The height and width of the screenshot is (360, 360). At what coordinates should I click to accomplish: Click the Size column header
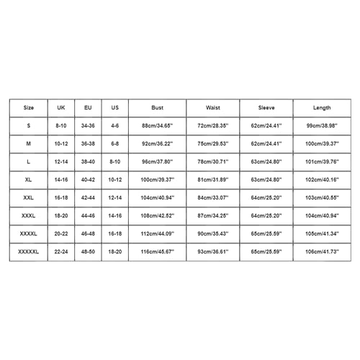tap(28, 107)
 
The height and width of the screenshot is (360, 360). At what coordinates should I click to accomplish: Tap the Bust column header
tap(158, 107)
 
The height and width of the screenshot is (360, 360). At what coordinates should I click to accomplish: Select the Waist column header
tap(212, 107)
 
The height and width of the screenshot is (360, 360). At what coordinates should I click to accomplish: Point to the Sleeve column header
tap(266, 107)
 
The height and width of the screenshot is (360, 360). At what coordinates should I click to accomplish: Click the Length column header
tap(322, 107)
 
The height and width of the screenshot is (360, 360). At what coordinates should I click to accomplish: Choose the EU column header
tap(89, 107)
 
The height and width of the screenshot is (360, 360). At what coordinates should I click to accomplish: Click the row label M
tap(28, 143)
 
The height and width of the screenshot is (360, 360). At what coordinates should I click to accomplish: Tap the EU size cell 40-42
tap(89, 177)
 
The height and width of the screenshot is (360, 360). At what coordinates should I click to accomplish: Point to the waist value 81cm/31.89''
tap(212, 177)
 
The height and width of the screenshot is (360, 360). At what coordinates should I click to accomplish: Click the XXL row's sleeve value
tap(266, 195)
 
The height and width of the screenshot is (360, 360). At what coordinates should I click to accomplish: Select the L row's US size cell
tap(114, 160)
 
